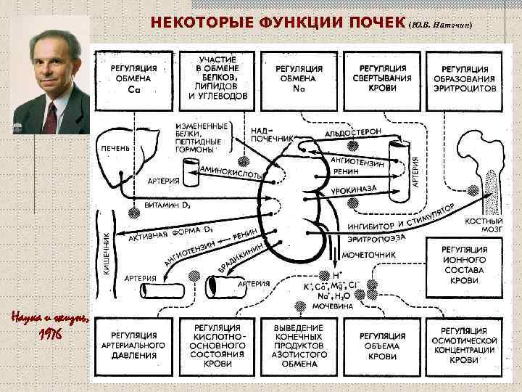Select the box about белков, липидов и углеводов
[x=217, y=75]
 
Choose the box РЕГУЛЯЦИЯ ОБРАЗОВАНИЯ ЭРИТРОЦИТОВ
[x=465, y=75]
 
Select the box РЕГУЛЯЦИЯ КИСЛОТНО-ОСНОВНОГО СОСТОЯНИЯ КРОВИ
[x=217, y=346]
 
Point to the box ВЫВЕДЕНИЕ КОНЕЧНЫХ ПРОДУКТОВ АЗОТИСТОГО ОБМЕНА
[x=299, y=346]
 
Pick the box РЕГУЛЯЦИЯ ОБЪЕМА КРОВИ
[x=382, y=346]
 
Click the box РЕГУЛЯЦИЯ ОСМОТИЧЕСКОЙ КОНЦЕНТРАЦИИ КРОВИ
[x=465, y=346]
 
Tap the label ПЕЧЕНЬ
[x=116, y=148]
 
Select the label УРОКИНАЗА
[x=353, y=188]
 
